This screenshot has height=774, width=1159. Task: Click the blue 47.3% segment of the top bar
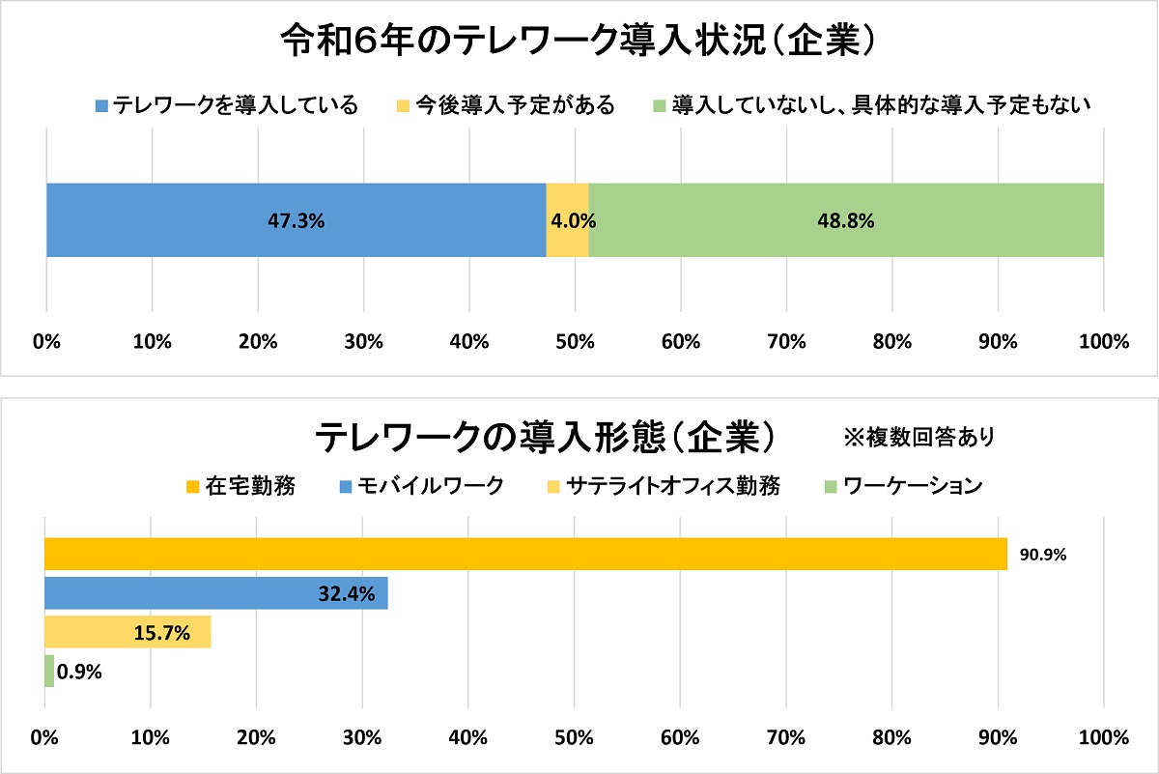click(296, 220)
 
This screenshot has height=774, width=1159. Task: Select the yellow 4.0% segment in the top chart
click(567, 220)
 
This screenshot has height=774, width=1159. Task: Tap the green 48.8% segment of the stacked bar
click(846, 220)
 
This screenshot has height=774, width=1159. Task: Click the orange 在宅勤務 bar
click(525, 555)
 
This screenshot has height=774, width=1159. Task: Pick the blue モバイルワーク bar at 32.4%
click(215, 593)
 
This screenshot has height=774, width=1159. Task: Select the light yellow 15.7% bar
click(127, 633)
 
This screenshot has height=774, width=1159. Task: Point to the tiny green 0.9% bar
click(49, 671)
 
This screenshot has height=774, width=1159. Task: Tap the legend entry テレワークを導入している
click(227, 105)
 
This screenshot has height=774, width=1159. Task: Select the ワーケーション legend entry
click(904, 485)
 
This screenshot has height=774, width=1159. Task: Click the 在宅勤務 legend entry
click(242, 485)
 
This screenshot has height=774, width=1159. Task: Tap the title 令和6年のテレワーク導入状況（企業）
click(579, 42)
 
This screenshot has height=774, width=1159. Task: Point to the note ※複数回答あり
click(919, 438)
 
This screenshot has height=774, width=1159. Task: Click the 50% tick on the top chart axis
click(575, 341)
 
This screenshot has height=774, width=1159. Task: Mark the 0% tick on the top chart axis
click(46, 341)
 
